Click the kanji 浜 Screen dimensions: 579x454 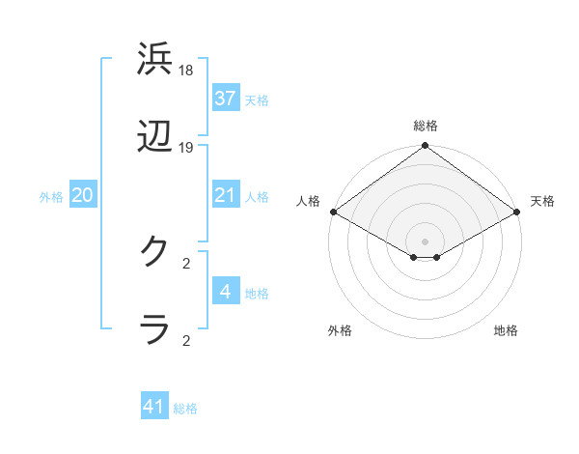pos(156,60)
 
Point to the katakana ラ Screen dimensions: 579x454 pos(156,328)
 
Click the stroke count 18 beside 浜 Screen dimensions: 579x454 pos(186,71)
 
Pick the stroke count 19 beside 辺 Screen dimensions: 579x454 pos(186,148)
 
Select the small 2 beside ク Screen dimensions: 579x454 pos(186,262)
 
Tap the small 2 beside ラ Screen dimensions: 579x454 pos(186,340)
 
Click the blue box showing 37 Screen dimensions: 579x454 pos(225,98)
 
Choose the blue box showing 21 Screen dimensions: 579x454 pos(225,195)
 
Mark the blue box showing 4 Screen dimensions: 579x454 pos(225,291)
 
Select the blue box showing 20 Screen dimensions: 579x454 pos(82,195)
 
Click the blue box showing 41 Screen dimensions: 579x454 pos(154,407)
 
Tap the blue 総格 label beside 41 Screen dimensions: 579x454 pos(185,409)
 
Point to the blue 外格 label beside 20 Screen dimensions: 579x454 pos(51,196)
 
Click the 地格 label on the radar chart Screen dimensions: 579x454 pos(506,330)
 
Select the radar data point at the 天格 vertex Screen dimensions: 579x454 pos(517,212)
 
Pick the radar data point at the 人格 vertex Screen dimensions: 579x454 pos(333,212)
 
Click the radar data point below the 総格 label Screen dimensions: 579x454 pos(425,147)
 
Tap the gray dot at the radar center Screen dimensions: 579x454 pos(425,241)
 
